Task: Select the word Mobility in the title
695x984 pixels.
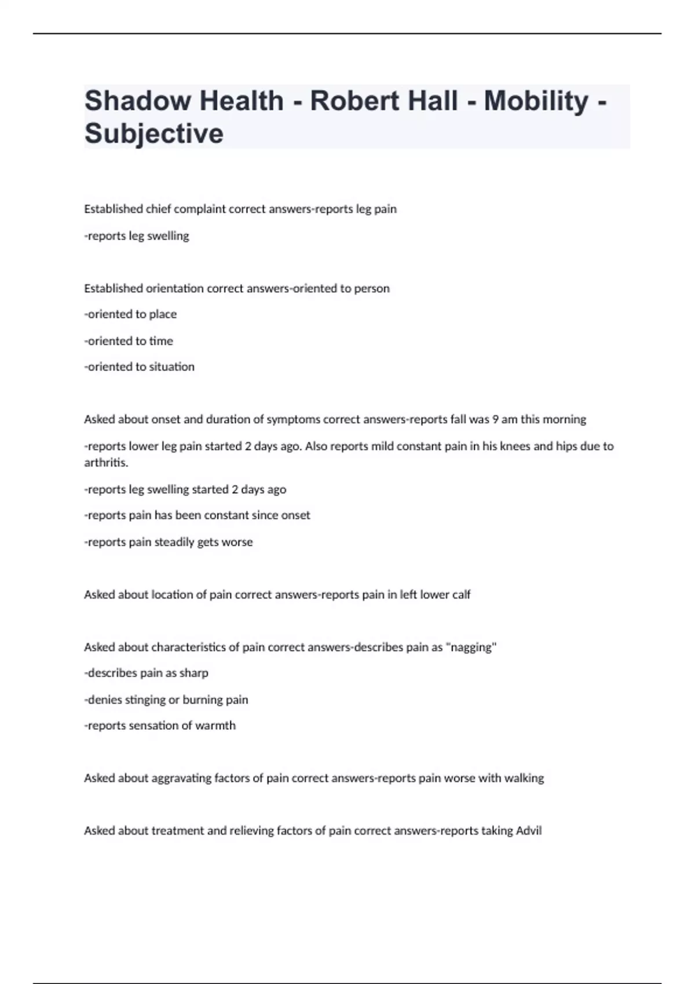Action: (536, 101)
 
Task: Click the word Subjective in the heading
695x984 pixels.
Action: (154, 134)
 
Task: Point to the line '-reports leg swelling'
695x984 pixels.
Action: (137, 236)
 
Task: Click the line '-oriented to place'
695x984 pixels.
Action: (130, 314)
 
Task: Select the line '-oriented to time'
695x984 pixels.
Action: (129, 341)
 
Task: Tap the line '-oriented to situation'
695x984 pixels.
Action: (139, 366)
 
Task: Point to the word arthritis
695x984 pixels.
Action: (106, 462)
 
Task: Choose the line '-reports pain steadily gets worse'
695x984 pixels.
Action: (169, 542)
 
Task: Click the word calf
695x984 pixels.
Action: (461, 594)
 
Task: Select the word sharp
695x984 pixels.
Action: (194, 673)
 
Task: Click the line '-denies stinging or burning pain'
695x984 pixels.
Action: (166, 699)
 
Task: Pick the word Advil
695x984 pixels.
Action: (528, 831)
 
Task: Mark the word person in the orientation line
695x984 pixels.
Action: (372, 288)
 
